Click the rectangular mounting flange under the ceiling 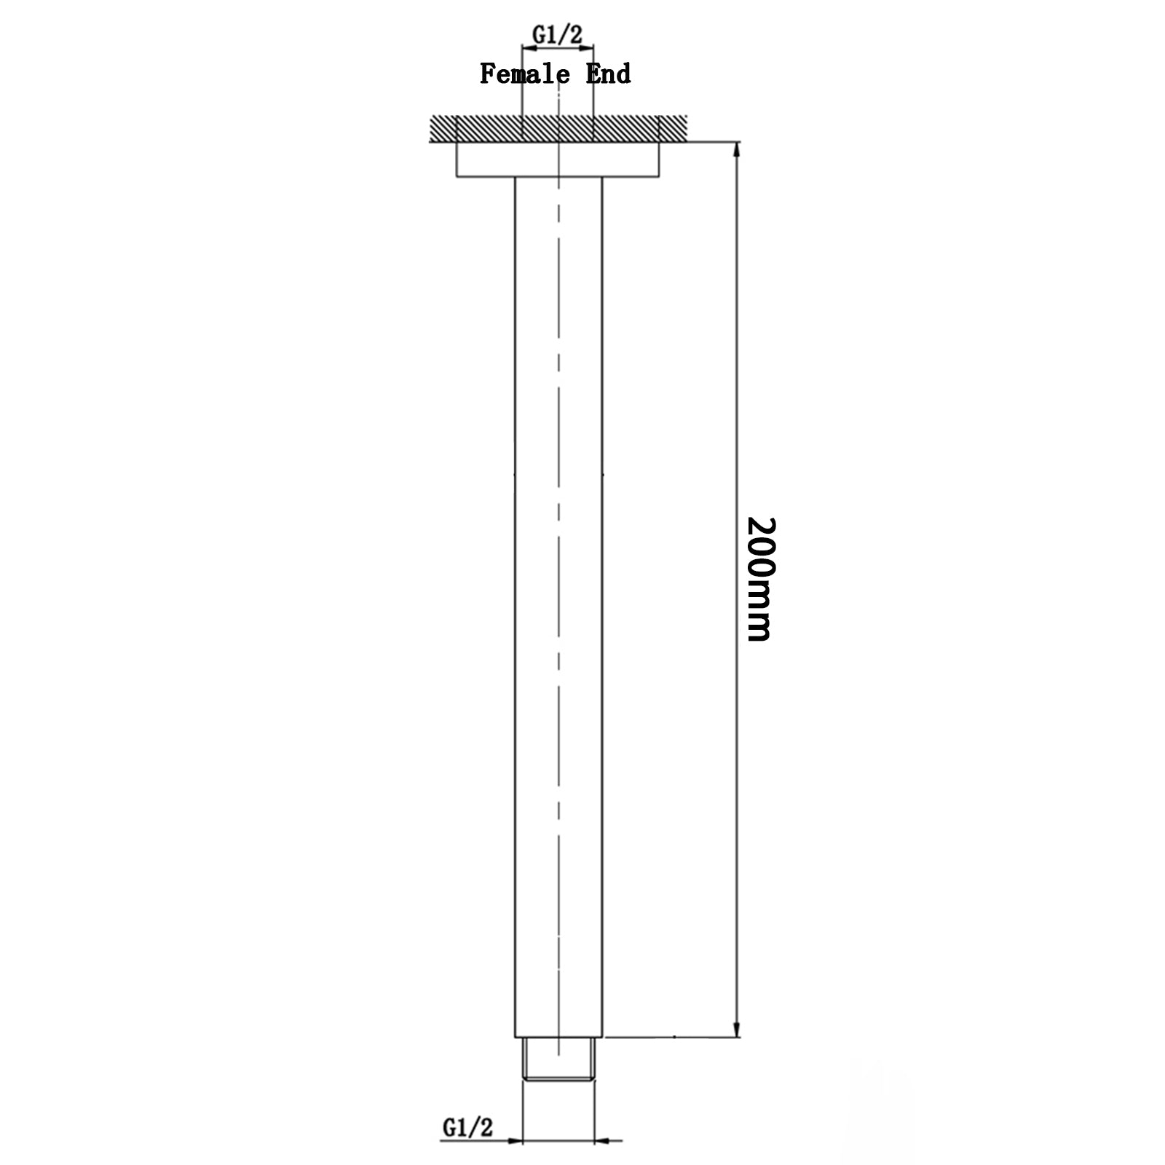click(558, 159)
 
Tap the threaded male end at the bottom click(558, 1063)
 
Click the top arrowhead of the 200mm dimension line click(738, 150)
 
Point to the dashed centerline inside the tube click(558, 510)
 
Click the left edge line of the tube click(515, 582)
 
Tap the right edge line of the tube click(603, 582)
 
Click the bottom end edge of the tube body click(558, 1037)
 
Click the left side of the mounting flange click(457, 159)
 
